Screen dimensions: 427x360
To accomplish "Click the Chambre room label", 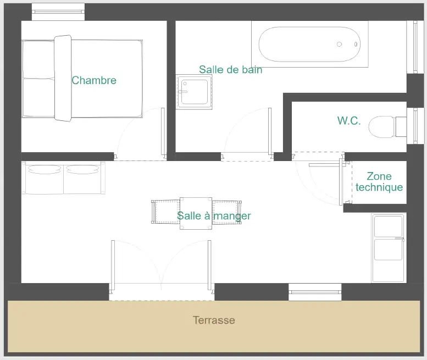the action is pyautogui.click(x=94, y=80).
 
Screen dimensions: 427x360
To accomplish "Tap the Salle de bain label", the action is pyautogui.click(x=231, y=69).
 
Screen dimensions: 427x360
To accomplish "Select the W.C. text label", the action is pyautogui.click(x=349, y=120).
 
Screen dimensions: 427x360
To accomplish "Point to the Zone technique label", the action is pyautogui.click(x=379, y=181).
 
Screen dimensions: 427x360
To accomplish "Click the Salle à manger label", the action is pyautogui.click(x=214, y=215).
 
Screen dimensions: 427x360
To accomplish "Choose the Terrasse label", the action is pyautogui.click(x=214, y=320).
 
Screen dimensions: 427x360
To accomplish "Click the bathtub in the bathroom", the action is pyautogui.click(x=309, y=44).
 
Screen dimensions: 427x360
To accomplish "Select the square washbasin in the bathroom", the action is pyautogui.click(x=194, y=92).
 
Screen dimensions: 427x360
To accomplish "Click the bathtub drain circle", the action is pyautogui.click(x=339, y=44).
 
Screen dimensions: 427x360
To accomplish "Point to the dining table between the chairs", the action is pyautogui.click(x=196, y=213).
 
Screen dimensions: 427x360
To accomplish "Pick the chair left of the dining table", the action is pyautogui.click(x=165, y=212).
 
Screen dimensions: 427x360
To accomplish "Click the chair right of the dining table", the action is pyautogui.click(x=227, y=212).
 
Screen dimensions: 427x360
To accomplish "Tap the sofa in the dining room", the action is pyautogui.click(x=63, y=178).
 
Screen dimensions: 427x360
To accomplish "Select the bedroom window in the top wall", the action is pyautogui.click(x=58, y=12).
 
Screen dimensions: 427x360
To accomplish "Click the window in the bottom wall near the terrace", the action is pyautogui.click(x=315, y=292).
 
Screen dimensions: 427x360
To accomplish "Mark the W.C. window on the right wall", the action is pyautogui.click(x=415, y=126).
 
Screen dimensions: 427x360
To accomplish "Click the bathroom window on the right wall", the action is pyautogui.click(x=415, y=47).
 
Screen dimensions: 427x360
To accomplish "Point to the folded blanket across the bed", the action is pyautogui.click(x=63, y=78).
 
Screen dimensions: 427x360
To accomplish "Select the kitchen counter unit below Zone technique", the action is pyautogui.click(x=389, y=247).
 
